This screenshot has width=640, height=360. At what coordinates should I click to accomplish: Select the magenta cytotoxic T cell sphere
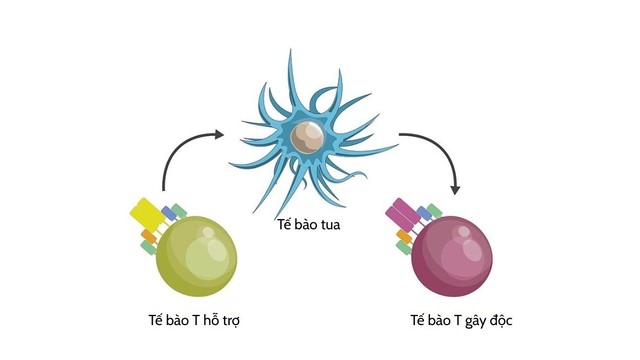pos(451,256)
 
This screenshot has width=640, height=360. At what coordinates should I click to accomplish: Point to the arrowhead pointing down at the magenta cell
pos(456,188)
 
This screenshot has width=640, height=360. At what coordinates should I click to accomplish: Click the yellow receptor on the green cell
pos(147,212)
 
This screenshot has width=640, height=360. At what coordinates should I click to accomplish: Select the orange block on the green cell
pos(148,236)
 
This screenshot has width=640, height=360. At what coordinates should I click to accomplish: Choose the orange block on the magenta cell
pos(404,237)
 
